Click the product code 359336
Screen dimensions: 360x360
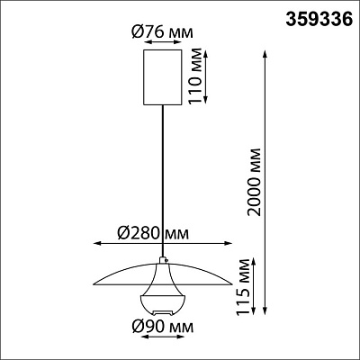click(319, 20)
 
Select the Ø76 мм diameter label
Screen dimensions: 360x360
click(162, 32)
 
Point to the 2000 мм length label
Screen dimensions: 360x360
click(255, 182)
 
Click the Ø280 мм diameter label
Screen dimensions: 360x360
click(153, 233)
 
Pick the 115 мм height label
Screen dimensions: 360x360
click(243, 287)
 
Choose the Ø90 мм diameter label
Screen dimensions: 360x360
click(162, 327)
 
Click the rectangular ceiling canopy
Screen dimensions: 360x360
click(163, 77)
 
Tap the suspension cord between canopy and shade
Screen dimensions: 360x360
click(163, 181)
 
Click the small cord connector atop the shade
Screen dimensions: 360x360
click(163, 260)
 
